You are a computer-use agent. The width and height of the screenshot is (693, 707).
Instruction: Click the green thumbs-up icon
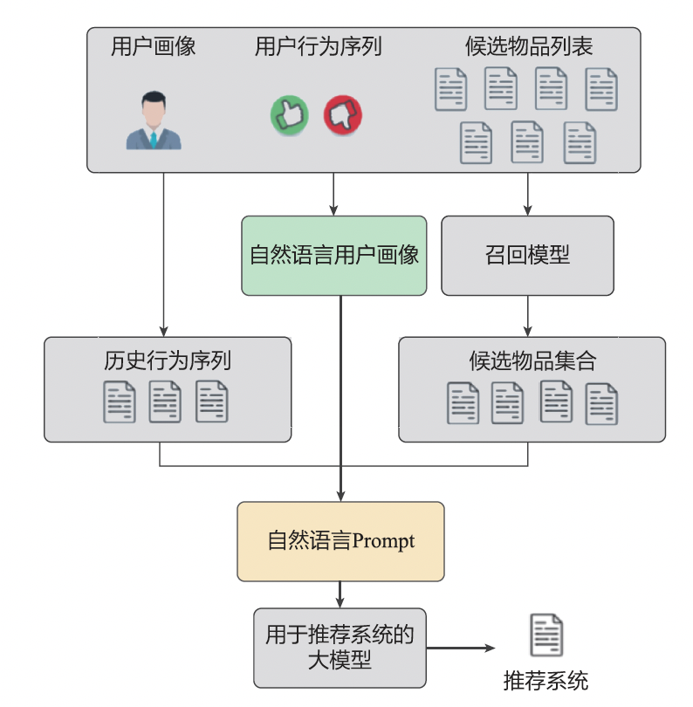[291, 114]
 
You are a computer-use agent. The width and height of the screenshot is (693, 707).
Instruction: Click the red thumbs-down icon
[343, 114]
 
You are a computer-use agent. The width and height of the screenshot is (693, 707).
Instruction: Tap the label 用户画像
[153, 46]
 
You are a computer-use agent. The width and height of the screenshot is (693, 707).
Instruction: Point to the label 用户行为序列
[318, 46]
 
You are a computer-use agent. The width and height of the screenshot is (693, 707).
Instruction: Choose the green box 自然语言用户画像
[334, 255]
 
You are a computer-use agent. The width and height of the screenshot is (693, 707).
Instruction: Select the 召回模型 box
[527, 255]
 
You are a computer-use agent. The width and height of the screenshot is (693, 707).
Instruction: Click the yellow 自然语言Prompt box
[340, 541]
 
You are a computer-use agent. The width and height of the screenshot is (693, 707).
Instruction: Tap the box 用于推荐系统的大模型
[340, 648]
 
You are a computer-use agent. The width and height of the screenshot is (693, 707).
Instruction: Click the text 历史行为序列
[167, 360]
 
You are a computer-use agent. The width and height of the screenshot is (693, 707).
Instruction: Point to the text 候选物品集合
[532, 360]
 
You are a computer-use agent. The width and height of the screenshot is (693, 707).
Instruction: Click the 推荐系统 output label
[545, 681]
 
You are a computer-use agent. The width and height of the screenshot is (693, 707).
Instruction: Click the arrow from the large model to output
[461, 649]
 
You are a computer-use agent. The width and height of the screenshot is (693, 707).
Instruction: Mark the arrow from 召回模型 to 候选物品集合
[527, 316]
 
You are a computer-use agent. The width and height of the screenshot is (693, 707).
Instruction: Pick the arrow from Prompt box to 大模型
[340, 594]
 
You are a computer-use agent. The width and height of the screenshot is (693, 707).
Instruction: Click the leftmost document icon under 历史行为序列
[120, 402]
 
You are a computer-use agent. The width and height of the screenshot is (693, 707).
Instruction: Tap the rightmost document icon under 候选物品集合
[601, 403]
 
